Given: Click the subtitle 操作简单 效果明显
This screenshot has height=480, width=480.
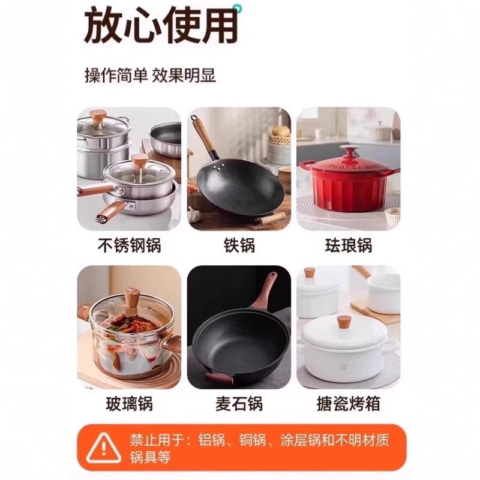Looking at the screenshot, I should tap(150, 76).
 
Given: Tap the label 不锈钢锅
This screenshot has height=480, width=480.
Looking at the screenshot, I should tap(129, 245).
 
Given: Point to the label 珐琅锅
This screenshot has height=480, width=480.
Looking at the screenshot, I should tap(348, 245).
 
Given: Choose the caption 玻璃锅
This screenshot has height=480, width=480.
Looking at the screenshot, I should tap(129, 403).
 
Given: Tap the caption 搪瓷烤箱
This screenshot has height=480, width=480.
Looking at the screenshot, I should tap(348, 403).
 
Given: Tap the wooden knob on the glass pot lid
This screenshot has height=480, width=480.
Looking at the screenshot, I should tap(131, 298).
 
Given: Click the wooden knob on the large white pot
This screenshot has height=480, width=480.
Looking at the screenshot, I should tap(344, 323).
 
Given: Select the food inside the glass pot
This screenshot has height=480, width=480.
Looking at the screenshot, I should tap(126, 342).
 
